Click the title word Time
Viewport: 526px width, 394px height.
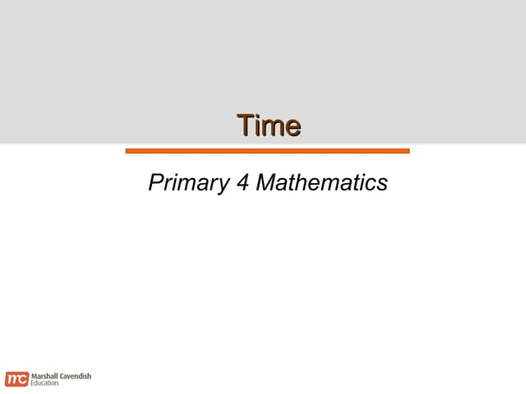(269, 126)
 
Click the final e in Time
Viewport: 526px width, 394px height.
(292, 127)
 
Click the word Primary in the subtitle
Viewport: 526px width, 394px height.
(187, 183)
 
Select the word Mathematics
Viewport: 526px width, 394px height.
(322, 182)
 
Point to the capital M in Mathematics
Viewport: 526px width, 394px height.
(266, 182)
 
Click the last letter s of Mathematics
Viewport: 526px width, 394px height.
(382, 184)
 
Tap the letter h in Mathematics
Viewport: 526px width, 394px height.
(303, 182)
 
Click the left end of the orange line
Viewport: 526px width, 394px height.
(127, 151)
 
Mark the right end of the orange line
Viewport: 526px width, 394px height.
(408, 151)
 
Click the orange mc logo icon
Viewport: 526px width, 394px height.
(16, 378)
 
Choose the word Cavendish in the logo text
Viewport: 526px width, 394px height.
(75, 375)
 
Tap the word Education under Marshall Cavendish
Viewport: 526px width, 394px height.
(45, 383)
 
